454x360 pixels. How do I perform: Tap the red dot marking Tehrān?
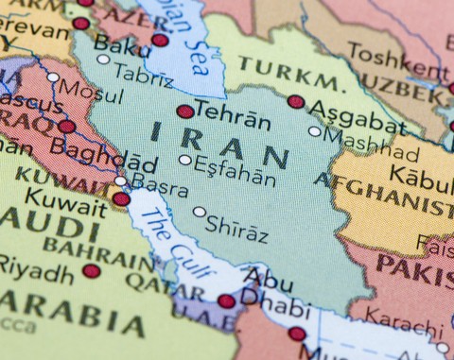[185, 111]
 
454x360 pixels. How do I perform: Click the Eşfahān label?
[236, 174]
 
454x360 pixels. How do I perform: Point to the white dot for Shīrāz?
[200, 212]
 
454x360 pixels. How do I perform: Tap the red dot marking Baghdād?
[67, 127]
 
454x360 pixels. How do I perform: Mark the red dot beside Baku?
[160, 40]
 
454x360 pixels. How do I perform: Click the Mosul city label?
[91, 94]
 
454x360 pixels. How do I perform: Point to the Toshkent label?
[384, 52]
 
